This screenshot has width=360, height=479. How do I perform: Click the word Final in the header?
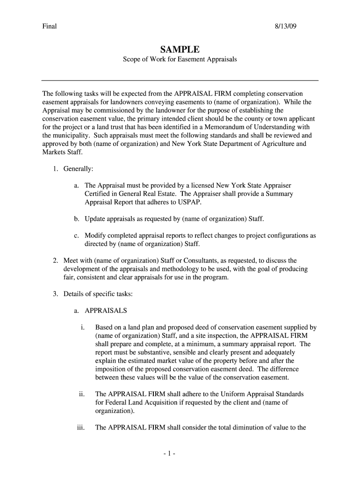(x=49, y=26)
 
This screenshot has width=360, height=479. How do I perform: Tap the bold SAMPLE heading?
(x=180, y=49)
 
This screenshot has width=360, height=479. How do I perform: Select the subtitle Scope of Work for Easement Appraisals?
(x=180, y=60)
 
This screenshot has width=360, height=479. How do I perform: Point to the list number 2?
(x=55, y=261)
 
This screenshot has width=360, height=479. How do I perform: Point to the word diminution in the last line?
(x=244, y=427)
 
